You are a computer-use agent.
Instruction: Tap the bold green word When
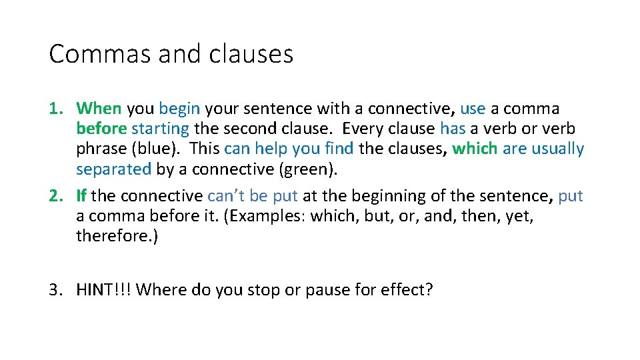[99, 108]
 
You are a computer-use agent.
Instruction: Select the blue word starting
[160, 128]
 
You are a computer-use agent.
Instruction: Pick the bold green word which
[475, 149]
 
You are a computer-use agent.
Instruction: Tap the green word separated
[113, 169]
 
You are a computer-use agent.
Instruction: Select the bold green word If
[81, 196]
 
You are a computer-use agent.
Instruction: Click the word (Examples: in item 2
[257, 216]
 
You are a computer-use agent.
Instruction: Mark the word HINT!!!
[103, 290]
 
